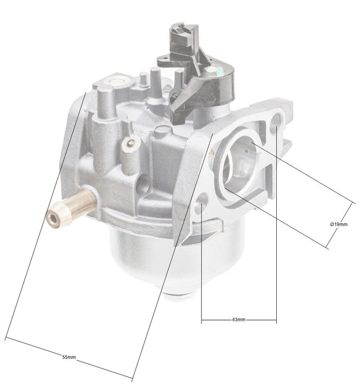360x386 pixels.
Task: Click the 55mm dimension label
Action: (69, 357)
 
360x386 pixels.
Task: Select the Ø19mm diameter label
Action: (339, 224)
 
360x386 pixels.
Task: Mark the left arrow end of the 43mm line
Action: (202, 321)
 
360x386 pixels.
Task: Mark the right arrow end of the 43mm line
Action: (276, 321)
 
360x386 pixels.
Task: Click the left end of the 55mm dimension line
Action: (6, 339)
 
